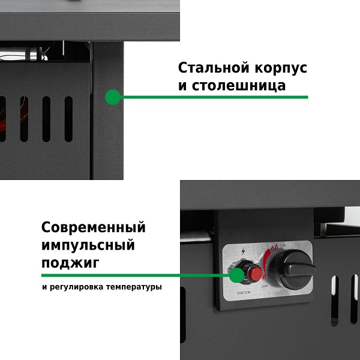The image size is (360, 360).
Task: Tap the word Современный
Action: point(94,228)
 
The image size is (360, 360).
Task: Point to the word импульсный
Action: point(88,245)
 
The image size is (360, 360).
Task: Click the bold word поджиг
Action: point(70,263)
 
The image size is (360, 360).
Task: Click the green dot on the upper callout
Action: point(112,97)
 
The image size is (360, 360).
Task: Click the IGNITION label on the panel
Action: point(244,293)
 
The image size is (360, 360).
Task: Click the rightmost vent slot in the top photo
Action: point(68,119)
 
